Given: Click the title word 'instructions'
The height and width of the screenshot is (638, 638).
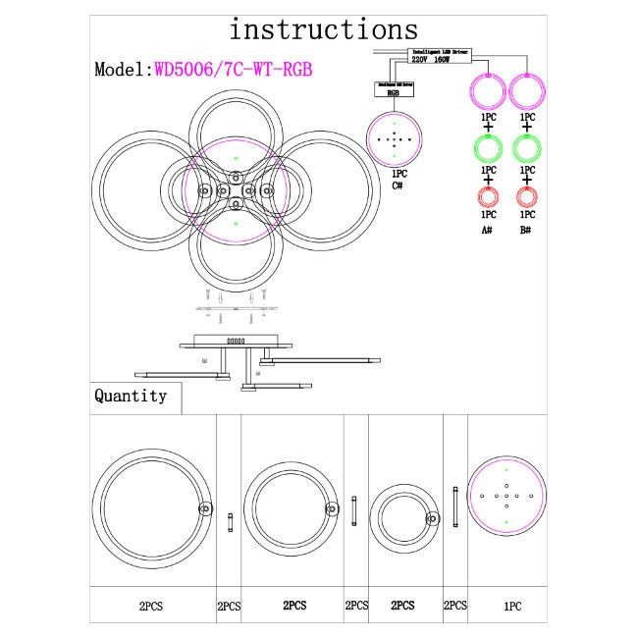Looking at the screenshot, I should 323,29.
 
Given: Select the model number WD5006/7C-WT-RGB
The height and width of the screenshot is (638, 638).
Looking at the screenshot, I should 235,70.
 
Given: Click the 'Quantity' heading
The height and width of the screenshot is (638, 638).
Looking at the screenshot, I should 131,397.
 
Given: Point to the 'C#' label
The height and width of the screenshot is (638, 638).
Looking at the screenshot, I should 399,186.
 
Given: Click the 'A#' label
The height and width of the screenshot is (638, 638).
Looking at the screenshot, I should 487,230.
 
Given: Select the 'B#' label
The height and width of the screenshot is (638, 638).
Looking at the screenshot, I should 527,230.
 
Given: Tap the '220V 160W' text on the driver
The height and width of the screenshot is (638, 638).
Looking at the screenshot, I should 429,59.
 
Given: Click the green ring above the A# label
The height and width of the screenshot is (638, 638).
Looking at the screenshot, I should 488,148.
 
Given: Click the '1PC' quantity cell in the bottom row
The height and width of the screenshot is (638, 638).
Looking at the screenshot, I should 511,607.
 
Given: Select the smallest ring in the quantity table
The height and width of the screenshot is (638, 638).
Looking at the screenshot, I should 405,516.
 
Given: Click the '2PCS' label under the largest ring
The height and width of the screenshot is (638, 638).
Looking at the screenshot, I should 153,607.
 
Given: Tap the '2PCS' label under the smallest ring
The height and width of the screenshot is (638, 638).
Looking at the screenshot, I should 405,607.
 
